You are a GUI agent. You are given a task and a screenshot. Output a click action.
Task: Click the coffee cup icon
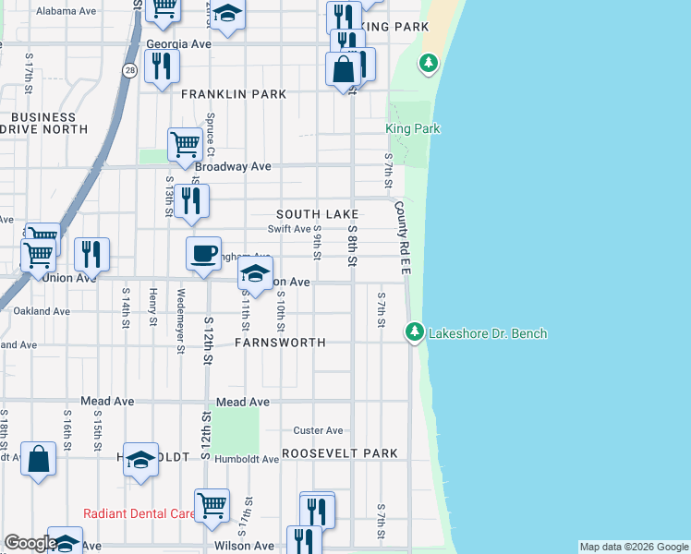pyautogui.click(x=203, y=252)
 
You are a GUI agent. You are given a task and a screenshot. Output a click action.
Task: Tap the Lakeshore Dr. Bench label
pyautogui.click(x=488, y=333)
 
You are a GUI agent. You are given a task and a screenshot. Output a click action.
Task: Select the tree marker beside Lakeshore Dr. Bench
pyautogui.click(x=415, y=331)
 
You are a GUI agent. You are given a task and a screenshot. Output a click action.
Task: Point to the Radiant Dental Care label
pyautogui.click(x=139, y=513)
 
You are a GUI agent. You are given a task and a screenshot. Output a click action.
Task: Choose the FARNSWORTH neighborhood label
pyautogui.click(x=280, y=343)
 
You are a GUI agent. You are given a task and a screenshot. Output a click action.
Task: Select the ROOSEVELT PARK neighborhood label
pyautogui.click(x=340, y=453)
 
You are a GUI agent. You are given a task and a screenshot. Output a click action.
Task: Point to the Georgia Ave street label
pyautogui.click(x=179, y=43)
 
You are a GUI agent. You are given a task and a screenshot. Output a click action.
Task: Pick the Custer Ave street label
pyautogui.click(x=318, y=430)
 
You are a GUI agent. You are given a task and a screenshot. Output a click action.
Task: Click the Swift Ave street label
pyautogui.click(x=289, y=229)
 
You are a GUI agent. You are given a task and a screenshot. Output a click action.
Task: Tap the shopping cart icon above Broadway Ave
pyautogui.click(x=185, y=143)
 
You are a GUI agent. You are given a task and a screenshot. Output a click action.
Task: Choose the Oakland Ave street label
pyautogui.click(x=41, y=311)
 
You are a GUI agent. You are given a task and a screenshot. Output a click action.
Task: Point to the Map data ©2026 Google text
pyautogui.click(x=633, y=547)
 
